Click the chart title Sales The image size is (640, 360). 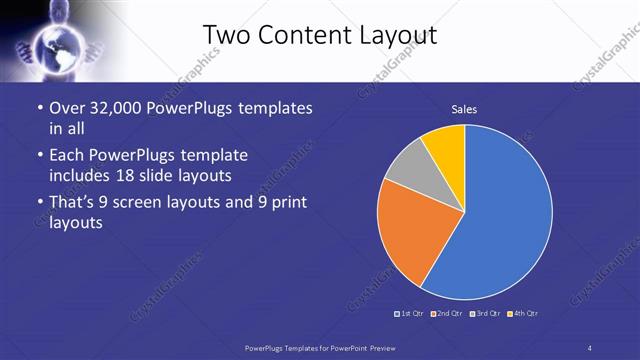pos(464,108)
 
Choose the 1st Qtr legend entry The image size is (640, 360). pos(411,314)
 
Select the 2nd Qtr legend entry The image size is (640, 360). pos(448,314)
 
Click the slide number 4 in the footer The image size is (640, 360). pos(589,347)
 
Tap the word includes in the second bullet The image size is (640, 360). pos(86,176)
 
